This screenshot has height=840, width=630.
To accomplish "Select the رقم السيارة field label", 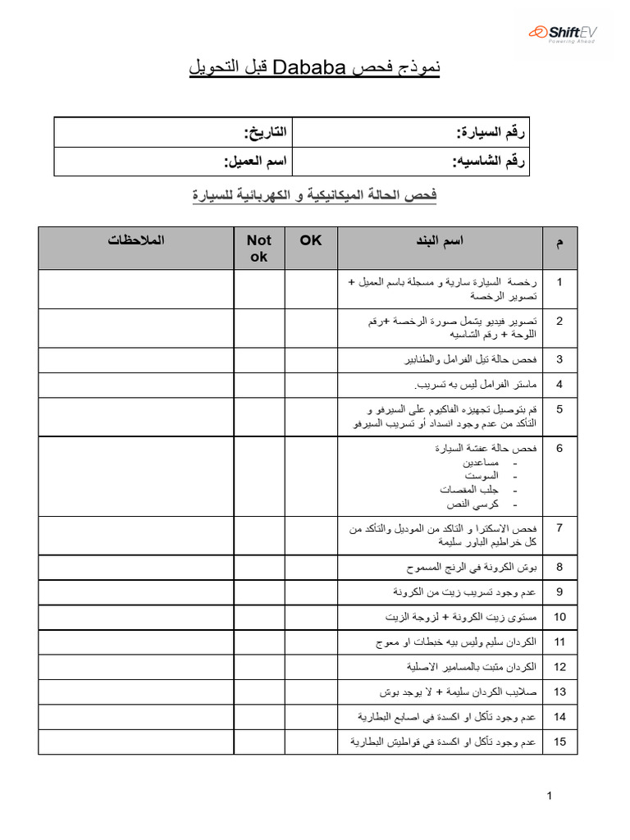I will coord(491,132).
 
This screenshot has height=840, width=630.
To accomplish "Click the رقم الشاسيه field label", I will coord(489,162).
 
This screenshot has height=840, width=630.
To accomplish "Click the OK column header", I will coord(311,240).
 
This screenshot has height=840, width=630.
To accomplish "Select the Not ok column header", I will coord(258,249).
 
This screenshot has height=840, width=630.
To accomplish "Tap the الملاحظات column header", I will coord(135,240).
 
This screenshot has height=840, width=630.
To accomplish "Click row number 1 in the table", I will coord(559,282).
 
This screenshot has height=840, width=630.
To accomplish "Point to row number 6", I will coord(559,449).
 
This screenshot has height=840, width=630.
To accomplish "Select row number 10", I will coord(559,616).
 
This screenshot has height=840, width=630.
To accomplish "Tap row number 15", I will coord(559,742).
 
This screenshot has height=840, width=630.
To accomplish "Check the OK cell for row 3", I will coord(311,360).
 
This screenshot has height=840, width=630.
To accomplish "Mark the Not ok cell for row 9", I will coord(258,591).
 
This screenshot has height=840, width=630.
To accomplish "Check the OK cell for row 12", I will coord(311,667).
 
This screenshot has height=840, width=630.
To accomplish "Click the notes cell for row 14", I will coord(135,717).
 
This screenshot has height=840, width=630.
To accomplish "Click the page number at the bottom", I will coord(550,796).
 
